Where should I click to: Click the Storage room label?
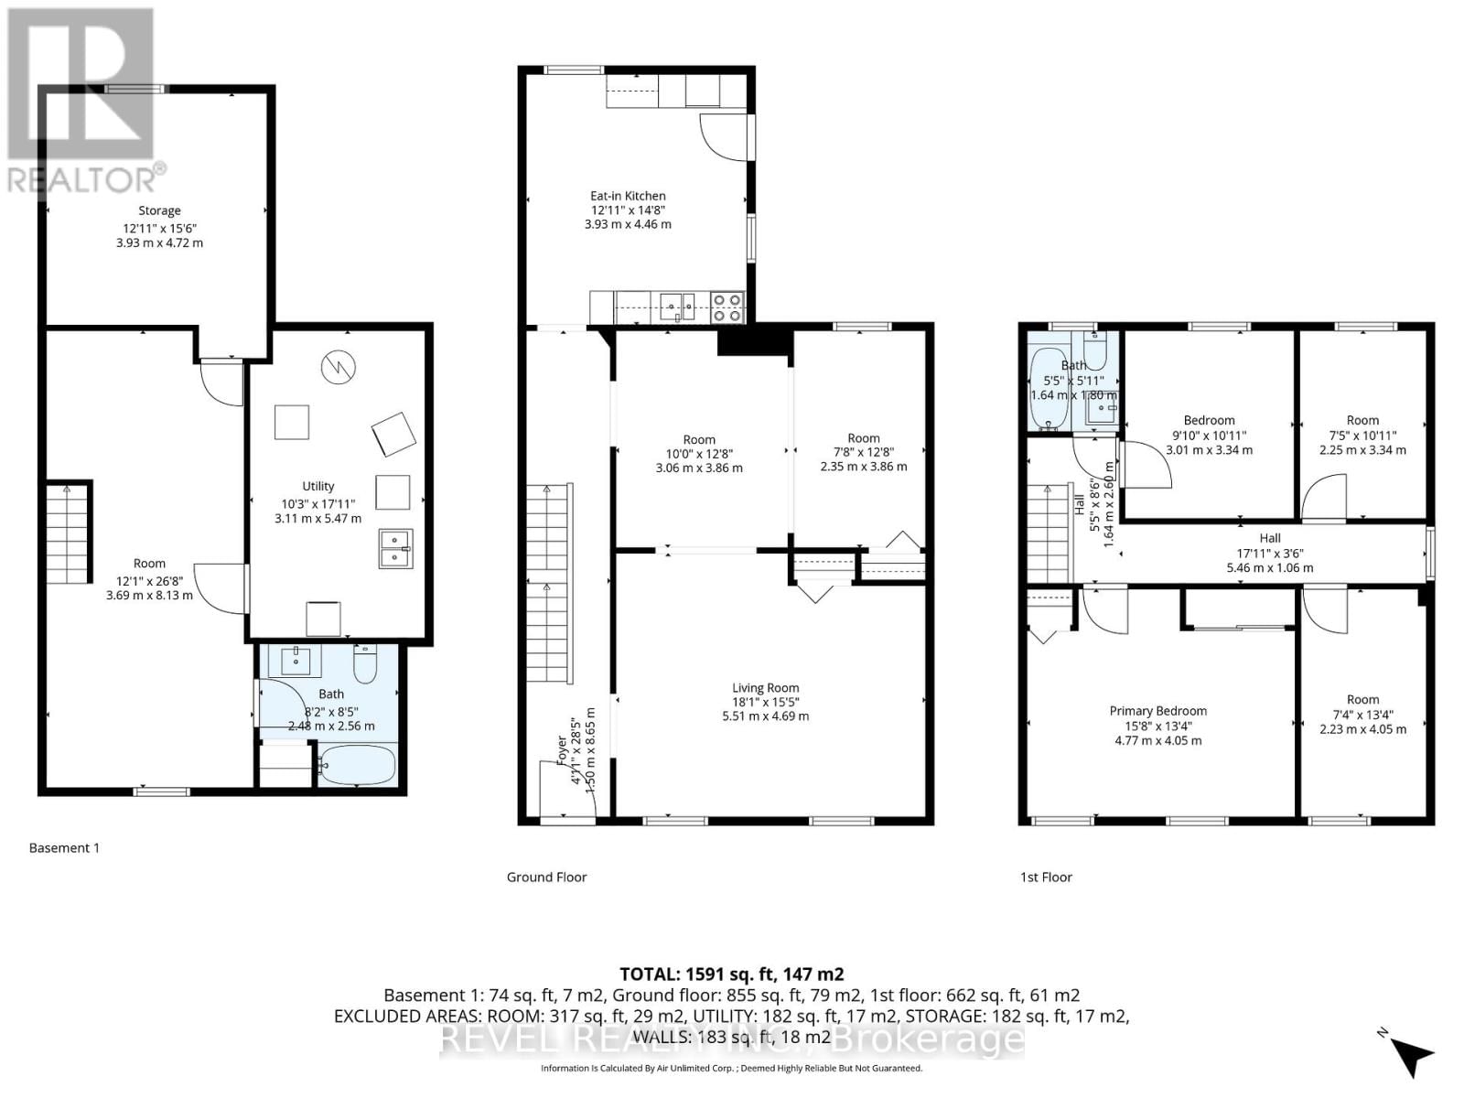coord(159,210)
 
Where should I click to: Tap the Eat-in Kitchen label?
coord(628,196)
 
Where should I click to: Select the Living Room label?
coord(765,688)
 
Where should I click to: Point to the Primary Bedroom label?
coord(1157,711)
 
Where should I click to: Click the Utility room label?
coord(318,486)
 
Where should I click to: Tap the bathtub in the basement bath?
coord(357,765)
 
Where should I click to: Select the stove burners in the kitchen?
coord(728,307)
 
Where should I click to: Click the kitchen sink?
coord(677,306)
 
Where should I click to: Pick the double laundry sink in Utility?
coord(395,548)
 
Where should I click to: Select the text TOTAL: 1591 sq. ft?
coord(731,974)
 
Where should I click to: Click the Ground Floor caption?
coord(546,877)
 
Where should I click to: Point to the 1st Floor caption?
coord(1046,877)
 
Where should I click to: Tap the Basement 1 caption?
coord(64,847)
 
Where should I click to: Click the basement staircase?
coord(70,533)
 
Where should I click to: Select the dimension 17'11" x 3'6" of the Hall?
coord(1269,553)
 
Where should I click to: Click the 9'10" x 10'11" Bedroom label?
coord(1209,436)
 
